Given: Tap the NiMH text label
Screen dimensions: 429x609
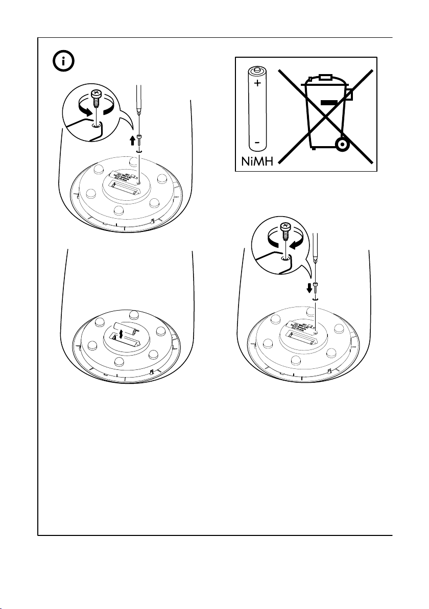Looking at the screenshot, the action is click(x=257, y=162).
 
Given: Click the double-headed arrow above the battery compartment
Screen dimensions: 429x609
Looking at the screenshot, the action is click(x=121, y=335).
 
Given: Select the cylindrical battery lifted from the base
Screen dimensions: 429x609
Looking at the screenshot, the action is click(x=127, y=329).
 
